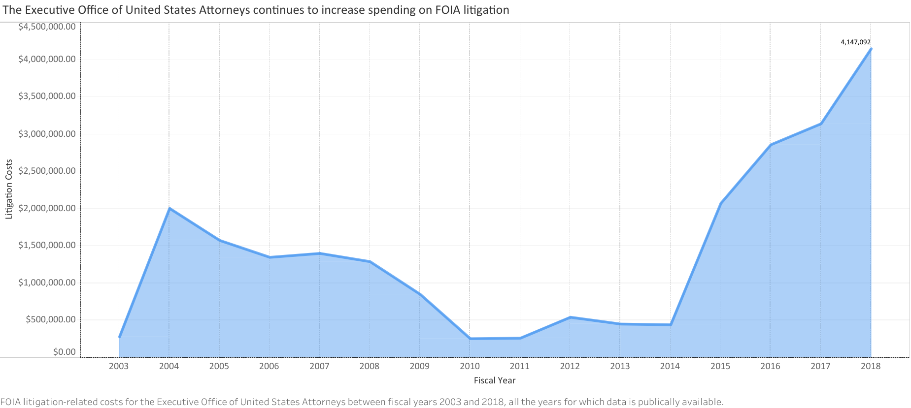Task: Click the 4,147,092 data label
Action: tap(855, 42)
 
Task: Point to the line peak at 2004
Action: tap(169, 208)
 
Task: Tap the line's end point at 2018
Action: tap(871, 49)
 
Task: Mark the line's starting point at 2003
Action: tap(119, 337)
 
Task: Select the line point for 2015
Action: tap(720, 203)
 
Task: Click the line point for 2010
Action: tap(470, 339)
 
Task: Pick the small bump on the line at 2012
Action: tap(570, 317)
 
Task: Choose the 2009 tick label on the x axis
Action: tap(420, 366)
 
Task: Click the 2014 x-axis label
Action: tap(670, 366)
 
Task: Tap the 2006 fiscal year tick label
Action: tap(270, 366)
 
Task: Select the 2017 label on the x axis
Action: tap(820, 366)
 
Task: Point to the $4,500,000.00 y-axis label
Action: tap(47, 27)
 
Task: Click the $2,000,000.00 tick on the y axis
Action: tap(47, 208)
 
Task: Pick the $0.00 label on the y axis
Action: tap(65, 352)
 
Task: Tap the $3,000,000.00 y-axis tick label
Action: tap(47, 134)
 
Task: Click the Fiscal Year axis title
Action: tap(495, 380)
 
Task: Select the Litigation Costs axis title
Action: tap(9, 189)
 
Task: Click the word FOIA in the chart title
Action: tap(448, 10)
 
